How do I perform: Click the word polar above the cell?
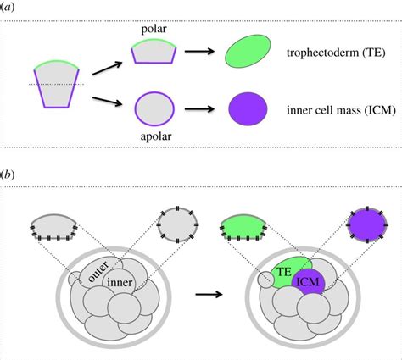pyautogui.click(x=154, y=30)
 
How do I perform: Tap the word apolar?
pyautogui.click(x=156, y=136)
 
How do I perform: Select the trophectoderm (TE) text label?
pyautogui.click(x=336, y=53)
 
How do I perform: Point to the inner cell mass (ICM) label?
pyautogui.click(x=341, y=110)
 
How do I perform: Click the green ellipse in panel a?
pyautogui.click(x=248, y=51)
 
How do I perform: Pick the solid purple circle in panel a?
pyautogui.click(x=248, y=109)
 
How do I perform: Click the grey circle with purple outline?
pyautogui.click(x=154, y=109)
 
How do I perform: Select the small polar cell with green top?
pyautogui.click(x=154, y=51)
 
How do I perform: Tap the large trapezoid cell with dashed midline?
pyautogui.click(x=57, y=84)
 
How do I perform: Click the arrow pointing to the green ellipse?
pyautogui.click(x=199, y=52)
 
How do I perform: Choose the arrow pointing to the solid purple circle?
pyautogui.click(x=199, y=109)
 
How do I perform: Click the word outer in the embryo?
pyautogui.click(x=98, y=272)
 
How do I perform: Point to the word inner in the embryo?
pyautogui.click(x=120, y=282)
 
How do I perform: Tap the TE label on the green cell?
pyautogui.click(x=284, y=272)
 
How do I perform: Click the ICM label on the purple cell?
pyautogui.click(x=308, y=282)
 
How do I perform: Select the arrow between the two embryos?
pyautogui.click(x=209, y=295)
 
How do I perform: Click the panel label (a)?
pyautogui.click(x=7, y=8)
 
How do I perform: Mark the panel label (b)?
pyautogui.click(x=7, y=175)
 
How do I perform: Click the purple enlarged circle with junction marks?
pyautogui.click(x=367, y=225)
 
